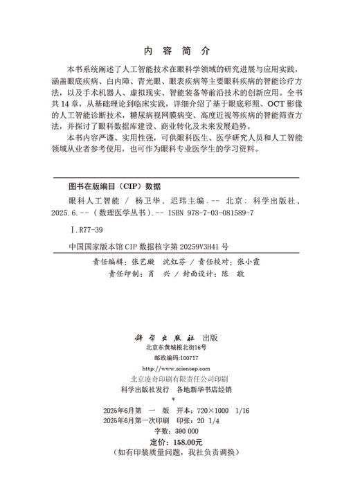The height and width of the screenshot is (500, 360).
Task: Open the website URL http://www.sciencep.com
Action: click(x=179, y=368)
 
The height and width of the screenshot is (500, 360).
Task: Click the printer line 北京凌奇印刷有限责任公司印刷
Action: click(x=180, y=379)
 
